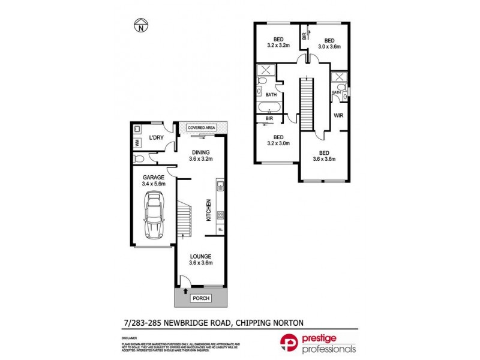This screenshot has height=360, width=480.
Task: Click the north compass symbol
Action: point(140,26)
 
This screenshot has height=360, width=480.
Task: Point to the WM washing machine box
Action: point(137,142)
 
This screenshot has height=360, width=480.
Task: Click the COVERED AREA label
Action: point(201,128)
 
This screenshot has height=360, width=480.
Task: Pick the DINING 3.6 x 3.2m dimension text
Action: point(201,159)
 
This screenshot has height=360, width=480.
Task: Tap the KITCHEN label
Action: point(209,209)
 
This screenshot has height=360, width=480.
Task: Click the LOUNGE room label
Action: point(201,256)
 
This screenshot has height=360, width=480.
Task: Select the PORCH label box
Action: point(198,298)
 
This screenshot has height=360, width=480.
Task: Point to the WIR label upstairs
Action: point(338,115)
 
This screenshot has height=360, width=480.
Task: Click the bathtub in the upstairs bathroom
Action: point(268,109)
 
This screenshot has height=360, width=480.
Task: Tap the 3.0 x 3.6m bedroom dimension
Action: point(329,46)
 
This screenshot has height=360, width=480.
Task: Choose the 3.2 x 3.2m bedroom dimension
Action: point(278,46)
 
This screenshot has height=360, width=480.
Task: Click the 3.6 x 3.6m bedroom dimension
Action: point(324,159)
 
